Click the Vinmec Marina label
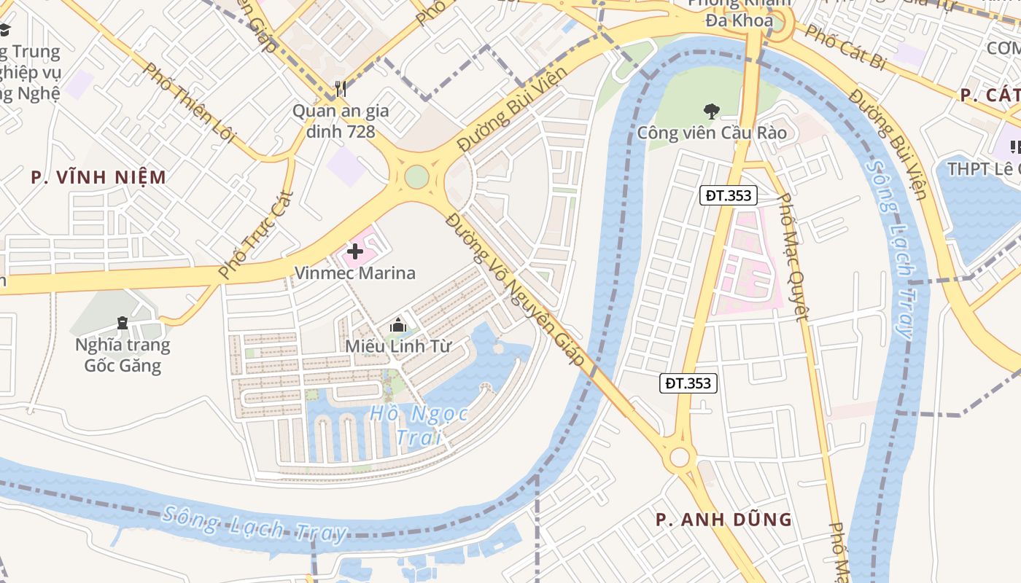(354, 273)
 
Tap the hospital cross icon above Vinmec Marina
(355, 251)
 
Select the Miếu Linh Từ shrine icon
(397, 325)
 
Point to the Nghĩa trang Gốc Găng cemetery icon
(122, 322)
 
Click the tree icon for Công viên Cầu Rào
(711, 111)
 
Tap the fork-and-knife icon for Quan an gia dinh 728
(341, 89)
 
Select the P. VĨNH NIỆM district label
(98, 177)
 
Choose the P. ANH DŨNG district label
(723, 520)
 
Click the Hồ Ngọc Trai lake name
(419, 425)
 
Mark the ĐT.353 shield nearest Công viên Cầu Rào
(729, 195)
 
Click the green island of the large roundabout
(416, 177)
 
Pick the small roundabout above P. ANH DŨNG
(680, 458)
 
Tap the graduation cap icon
(4, 29)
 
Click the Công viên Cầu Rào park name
(712, 133)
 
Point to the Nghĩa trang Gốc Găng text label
(123, 355)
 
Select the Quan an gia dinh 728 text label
(341, 121)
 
